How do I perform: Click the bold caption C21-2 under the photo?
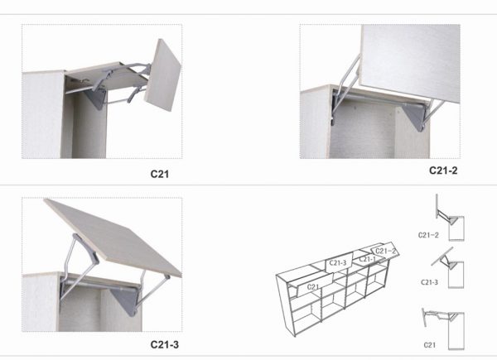click(443, 170)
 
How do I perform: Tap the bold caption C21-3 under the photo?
click(165, 344)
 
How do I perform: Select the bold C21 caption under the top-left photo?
click(159, 174)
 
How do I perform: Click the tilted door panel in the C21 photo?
click(162, 75)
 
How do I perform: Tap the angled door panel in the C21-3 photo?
click(113, 238)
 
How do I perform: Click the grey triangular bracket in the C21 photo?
click(98, 98)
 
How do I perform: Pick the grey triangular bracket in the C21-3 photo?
click(125, 300)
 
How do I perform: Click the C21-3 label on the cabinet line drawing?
click(338, 263)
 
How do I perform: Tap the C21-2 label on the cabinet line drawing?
click(385, 252)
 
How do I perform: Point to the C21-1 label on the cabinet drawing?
click(368, 259)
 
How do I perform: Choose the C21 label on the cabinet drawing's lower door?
click(313, 287)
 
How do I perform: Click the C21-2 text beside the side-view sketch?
click(428, 235)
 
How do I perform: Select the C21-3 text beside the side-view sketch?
click(429, 282)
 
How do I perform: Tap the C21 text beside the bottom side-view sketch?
click(429, 345)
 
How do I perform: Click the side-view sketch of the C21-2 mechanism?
click(450, 218)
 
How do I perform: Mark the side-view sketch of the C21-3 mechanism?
click(448, 268)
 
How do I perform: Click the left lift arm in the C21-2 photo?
click(345, 85)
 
